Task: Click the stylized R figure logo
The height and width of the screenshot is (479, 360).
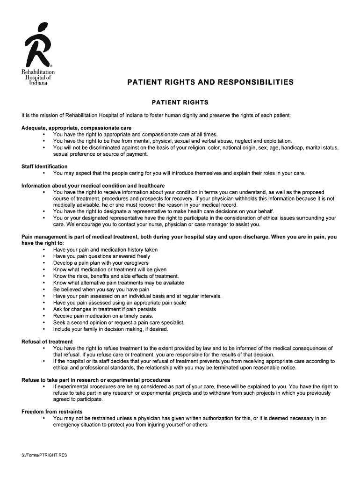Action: click(x=38, y=45)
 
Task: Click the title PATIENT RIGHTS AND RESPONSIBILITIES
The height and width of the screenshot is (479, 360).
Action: click(x=210, y=82)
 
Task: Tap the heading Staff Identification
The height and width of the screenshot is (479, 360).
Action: click(x=44, y=167)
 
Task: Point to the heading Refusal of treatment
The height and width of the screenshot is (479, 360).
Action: click(x=47, y=341)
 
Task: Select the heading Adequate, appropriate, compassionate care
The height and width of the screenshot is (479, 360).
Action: click(x=76, y=128)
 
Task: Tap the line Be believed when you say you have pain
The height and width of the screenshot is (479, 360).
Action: click(x=101, y=290)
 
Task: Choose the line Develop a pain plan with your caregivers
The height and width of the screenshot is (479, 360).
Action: click(x=101, y=263)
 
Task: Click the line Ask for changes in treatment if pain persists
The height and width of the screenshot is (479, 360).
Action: click(x=104, y=309)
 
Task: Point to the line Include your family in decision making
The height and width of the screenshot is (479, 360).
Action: click(x=110, y=329)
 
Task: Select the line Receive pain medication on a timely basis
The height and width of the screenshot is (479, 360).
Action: click(x=103, y=316)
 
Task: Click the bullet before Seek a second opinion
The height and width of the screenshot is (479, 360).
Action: click(x=44, y=323)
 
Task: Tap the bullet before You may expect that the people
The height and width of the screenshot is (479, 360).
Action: click(x=44, y=174)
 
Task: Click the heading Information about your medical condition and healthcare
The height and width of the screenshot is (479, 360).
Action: click(x=93, y=186)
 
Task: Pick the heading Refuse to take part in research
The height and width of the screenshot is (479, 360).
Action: click(x=95, y=380)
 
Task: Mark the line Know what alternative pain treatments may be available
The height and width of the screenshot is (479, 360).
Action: click(x=118, y=283)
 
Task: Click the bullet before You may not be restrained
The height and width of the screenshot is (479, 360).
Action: click(x=44, y=419)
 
